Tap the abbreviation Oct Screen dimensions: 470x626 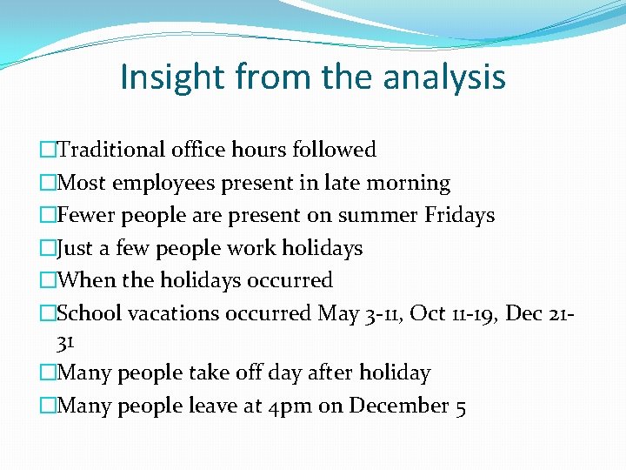pyautogui.click(x=428, y=312)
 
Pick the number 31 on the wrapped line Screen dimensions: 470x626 pyautogui.click(x=67, y=341)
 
